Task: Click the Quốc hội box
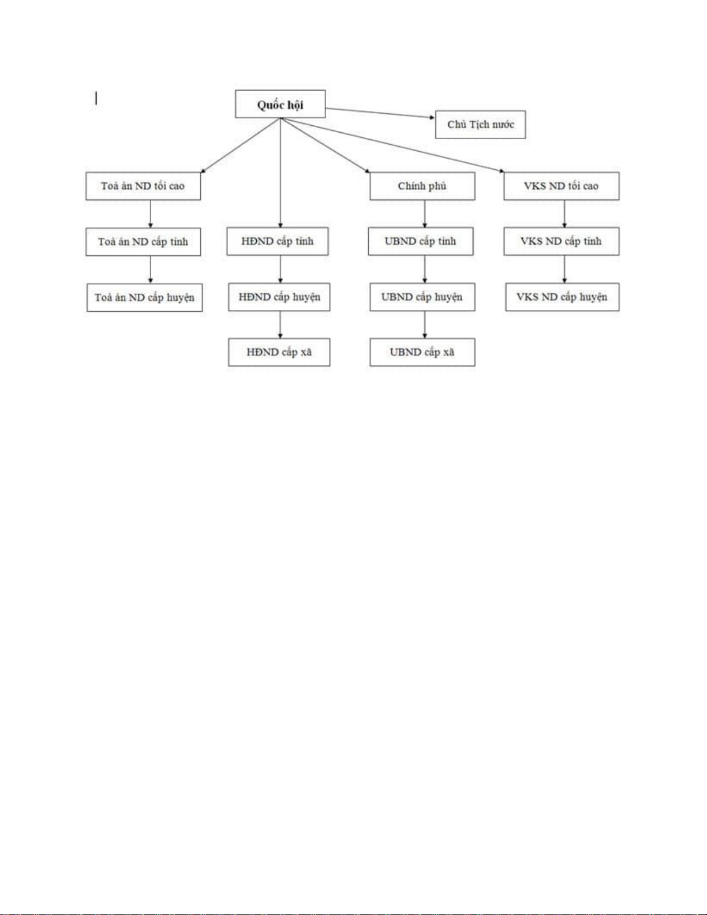tap(280, 104)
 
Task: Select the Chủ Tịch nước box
tap(480, 125)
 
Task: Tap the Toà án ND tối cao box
tap(143, 186)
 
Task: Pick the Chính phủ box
tap(422, 186)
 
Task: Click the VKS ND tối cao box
tap(562, 186)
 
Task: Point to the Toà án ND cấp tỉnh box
tap(143, 242)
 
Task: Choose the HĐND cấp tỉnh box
tap(278, 241)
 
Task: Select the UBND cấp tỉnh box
tap(421, 241)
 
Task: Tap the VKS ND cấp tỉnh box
tap(562, 241)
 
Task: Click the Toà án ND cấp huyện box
tap(145, 298)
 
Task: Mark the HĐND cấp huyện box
tap(279, 297)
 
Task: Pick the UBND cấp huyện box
tap(422, 297)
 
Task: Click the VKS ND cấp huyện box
tap(562, 297)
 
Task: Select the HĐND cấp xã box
tap(279, 352)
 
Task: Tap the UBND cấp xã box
tap(422, 352)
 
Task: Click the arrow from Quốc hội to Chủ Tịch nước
tap(380, 113)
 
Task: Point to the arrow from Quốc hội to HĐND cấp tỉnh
tap(280, 173)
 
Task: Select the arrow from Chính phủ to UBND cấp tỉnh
tap(425, 214)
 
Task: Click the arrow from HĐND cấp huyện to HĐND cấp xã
tap(280, 324)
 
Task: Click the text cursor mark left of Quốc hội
tap(96, 99)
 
